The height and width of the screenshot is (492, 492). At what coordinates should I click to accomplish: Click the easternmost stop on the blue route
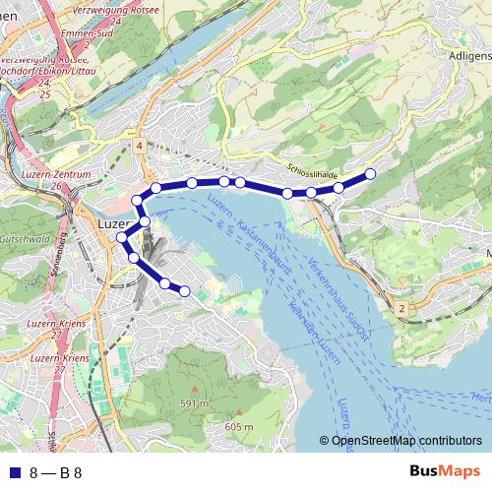click(371, 174)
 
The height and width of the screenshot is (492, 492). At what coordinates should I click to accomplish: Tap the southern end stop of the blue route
click(184, 290)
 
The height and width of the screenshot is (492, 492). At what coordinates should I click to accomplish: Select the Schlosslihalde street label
click(313, 168)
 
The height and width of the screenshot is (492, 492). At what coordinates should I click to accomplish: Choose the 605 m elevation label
click(239, 426)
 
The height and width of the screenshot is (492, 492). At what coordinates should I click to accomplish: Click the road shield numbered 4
click(141, 146)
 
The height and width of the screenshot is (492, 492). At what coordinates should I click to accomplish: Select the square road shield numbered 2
click(401, 309)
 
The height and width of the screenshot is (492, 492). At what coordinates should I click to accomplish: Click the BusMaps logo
click(444, 472)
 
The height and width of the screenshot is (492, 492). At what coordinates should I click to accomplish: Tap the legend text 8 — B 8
click(56, 472)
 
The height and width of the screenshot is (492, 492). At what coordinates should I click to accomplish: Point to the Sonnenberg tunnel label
click(62, 256)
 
